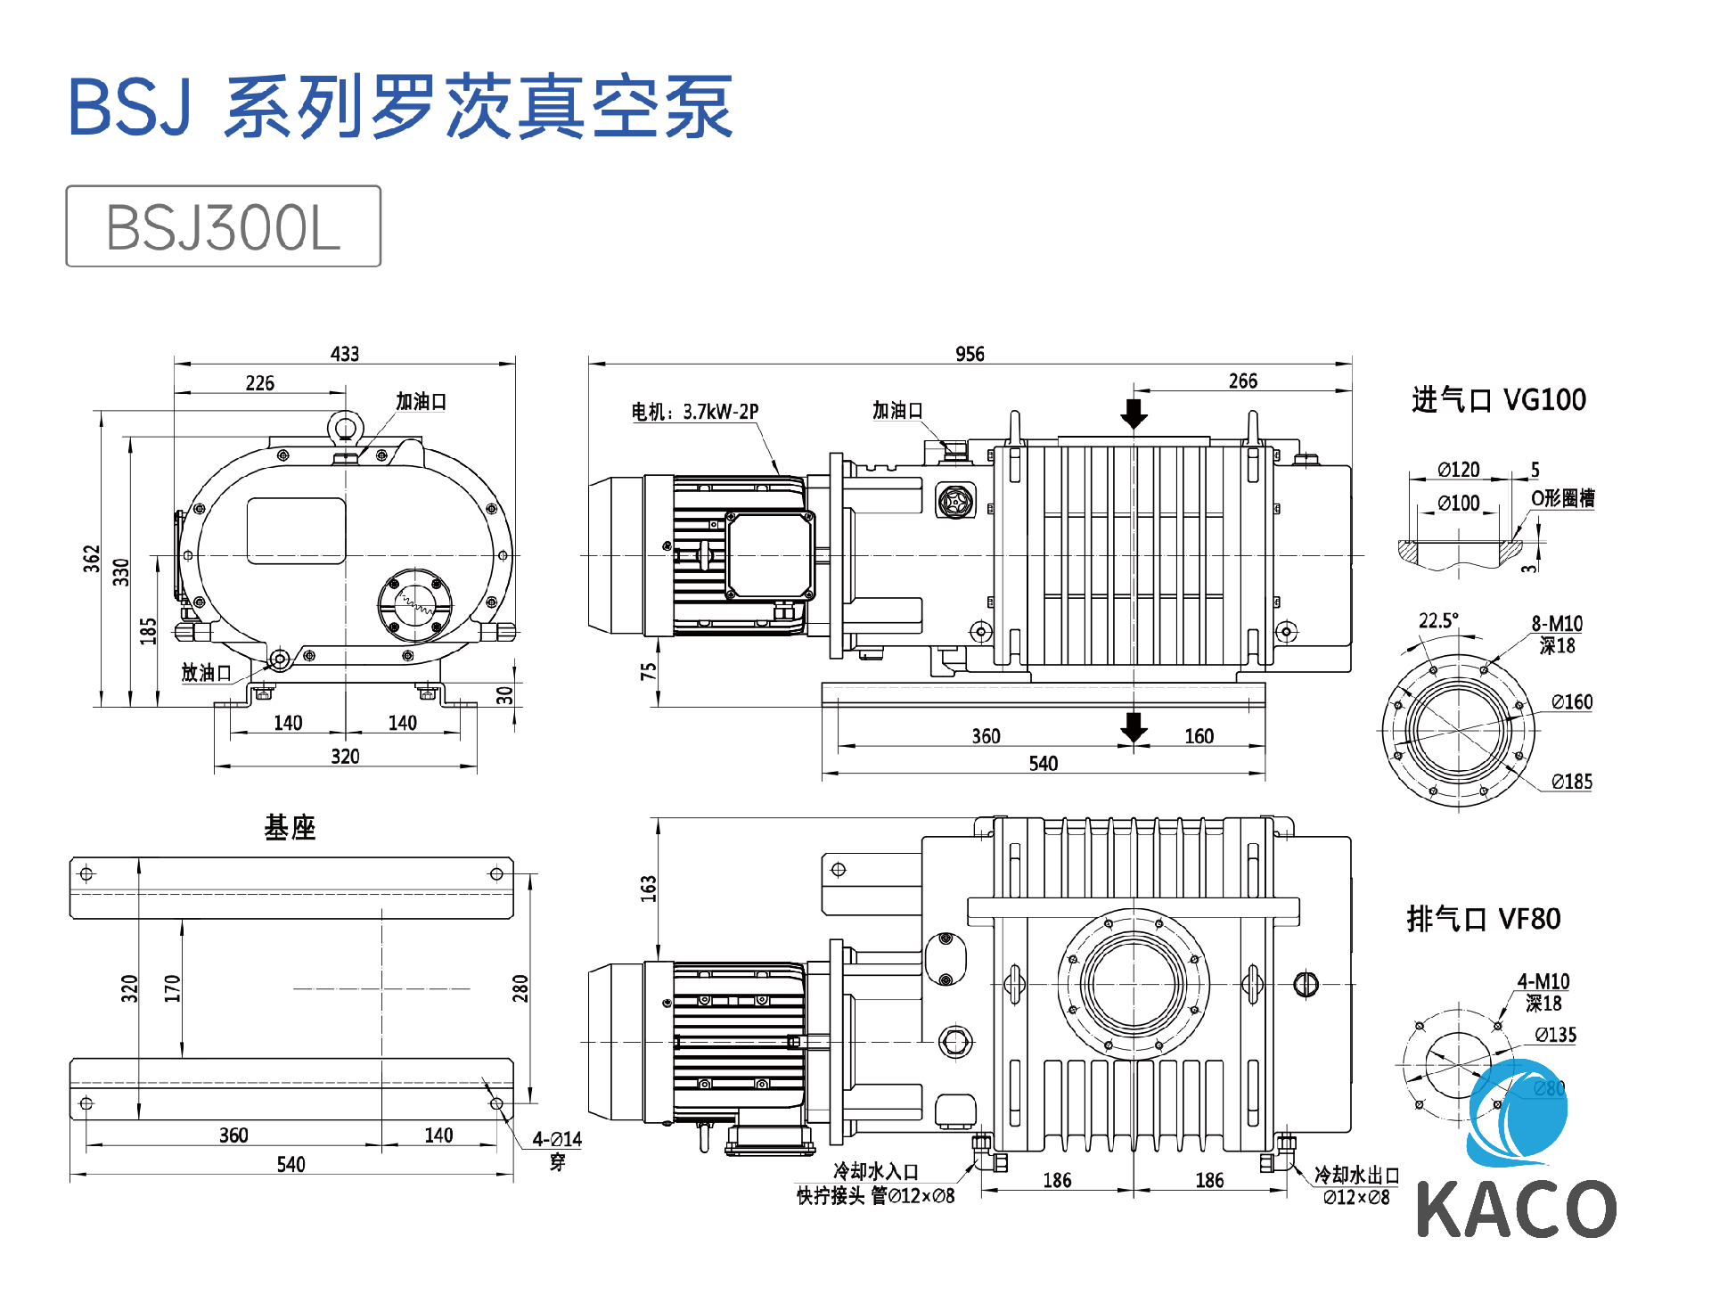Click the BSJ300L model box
pyautogui.click(x=223, y=226)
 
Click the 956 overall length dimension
pyautogui.click(x=970, y=354)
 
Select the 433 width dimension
pyautogui.click(x=345, y=354)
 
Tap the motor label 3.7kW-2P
pyautogui.click(x=695, y=412)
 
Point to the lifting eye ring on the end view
pyautogui.click(x=344, y=428)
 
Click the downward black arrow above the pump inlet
pyautogui.click(x=1134, y=414)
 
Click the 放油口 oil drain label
pyautogui.click(x=206, y=673)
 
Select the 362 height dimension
pyautogui.click(x=92, y=559)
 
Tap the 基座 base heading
pyautogui.click(x=290, y=827)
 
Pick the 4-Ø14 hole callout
pyautogui.click(x=557, y=1139)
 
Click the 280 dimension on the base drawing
pyautogui.click(x=520, y=988)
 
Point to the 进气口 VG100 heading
pyautogui.click(x=1499, y=400)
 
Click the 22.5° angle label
pyautogui.click(x=1438, y=620)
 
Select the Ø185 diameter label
pyautogui.click(x=1572, y=782)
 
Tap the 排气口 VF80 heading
pyautogui.click(x=1484, y=919)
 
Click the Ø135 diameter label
pyautogui.click(x=1556, y=1035)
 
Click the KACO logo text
pyautogui.click(x=1516, y=1209)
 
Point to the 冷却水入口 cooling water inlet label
pyautogui.click(x=875, y=1171)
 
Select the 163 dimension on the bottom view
pyautogui.click(x=648, y=889)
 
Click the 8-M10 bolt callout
pyautogui.click(x=1557, y=624)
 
